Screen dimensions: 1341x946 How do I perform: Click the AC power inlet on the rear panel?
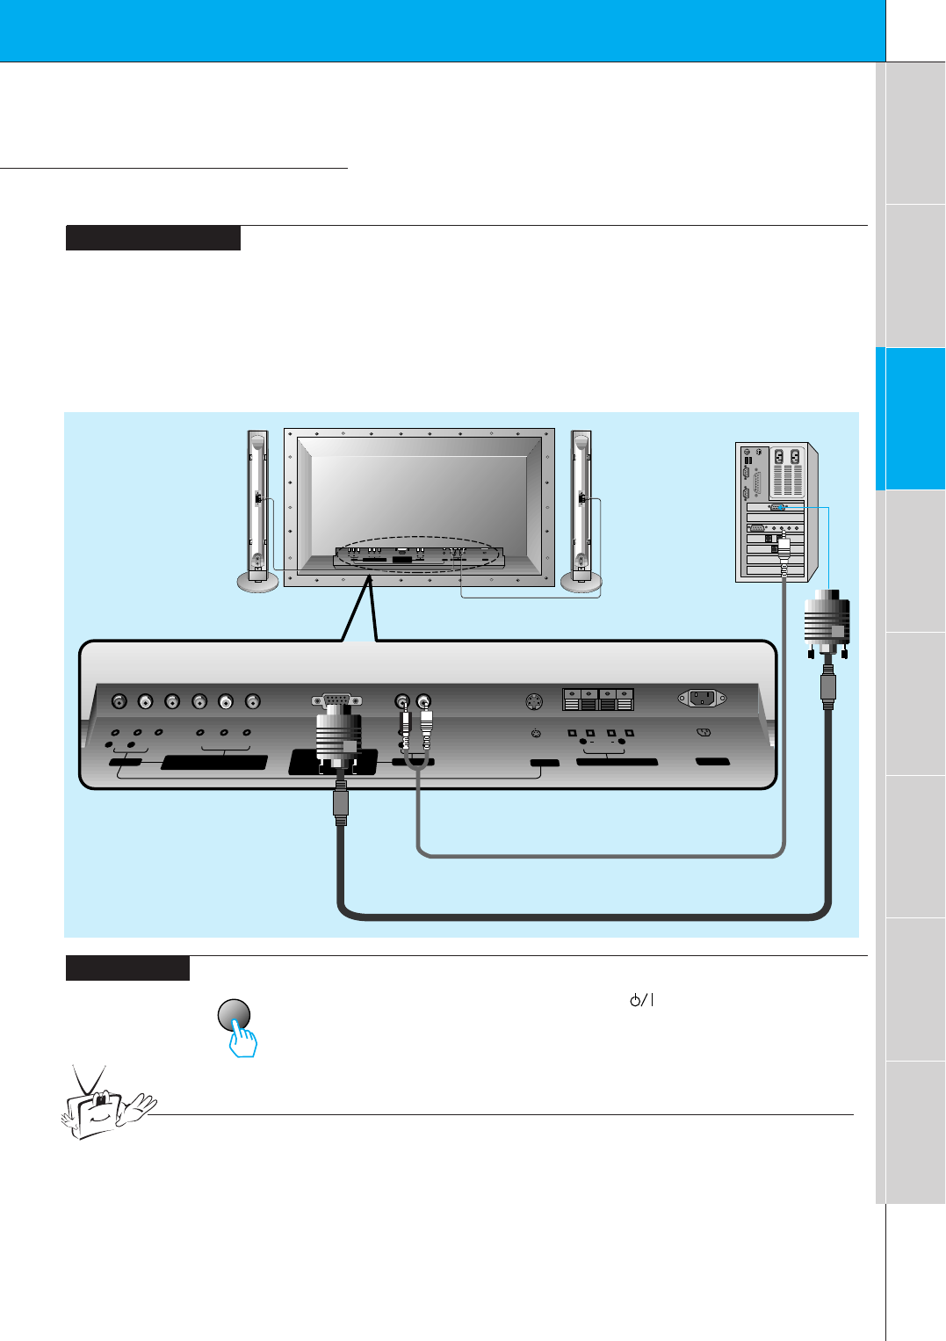[x=702, y=699]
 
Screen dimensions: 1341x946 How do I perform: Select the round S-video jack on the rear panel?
[x=533, y=701]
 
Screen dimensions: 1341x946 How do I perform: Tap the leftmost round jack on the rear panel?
[x=119, y=701]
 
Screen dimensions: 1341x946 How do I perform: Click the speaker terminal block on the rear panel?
[x=597, y=699]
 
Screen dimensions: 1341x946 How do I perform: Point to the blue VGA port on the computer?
[x=777, y=507]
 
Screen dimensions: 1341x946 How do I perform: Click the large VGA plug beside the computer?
[x=827, y=622]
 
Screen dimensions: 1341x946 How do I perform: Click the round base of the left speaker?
[x=257, y=582]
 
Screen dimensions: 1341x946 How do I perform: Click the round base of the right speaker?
[x=581, y=582]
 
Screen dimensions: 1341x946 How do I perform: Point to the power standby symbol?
[x=642, y=1000]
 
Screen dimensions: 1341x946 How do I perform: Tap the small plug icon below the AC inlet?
[x=703, y=732]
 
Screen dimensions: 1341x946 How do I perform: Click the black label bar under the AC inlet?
[x=712, y=761]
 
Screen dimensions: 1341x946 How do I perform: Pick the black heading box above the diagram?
[x=153, y=238]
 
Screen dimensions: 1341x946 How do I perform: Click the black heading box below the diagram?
[x=127, y=968]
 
